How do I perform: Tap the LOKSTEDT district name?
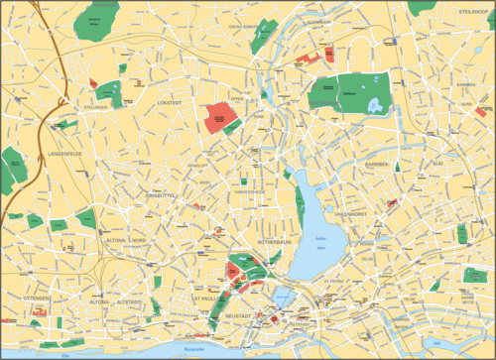(170, 102)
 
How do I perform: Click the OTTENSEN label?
(37, 299)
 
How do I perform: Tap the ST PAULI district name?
(204, 298)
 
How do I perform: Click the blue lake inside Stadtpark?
(375, 102)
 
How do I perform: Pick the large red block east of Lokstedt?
(220, 118)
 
